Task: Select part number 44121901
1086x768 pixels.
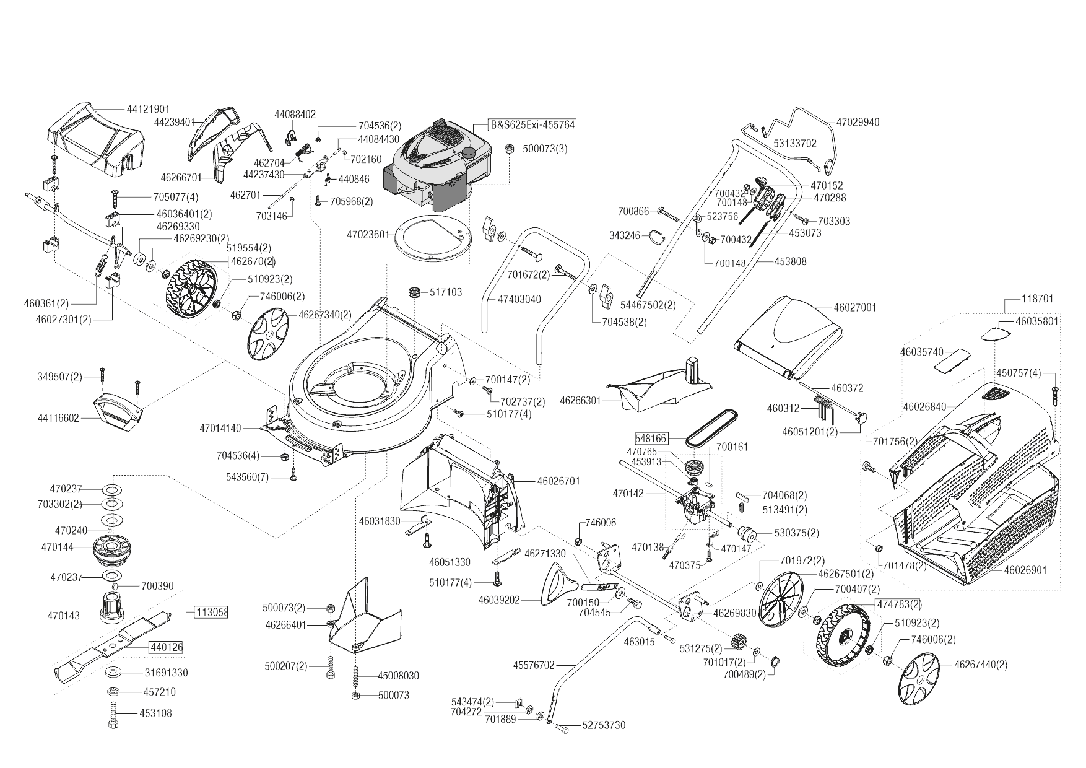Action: click(x=148, y=108)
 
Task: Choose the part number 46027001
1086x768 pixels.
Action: click(x=855, y=307)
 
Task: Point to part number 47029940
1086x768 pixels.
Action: click(x=858, y=122)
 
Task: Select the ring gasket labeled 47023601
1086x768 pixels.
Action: click(x=433, y=235)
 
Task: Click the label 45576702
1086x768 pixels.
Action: click(x=534, y=666)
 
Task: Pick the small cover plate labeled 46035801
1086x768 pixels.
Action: click(x=996, y=333)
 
